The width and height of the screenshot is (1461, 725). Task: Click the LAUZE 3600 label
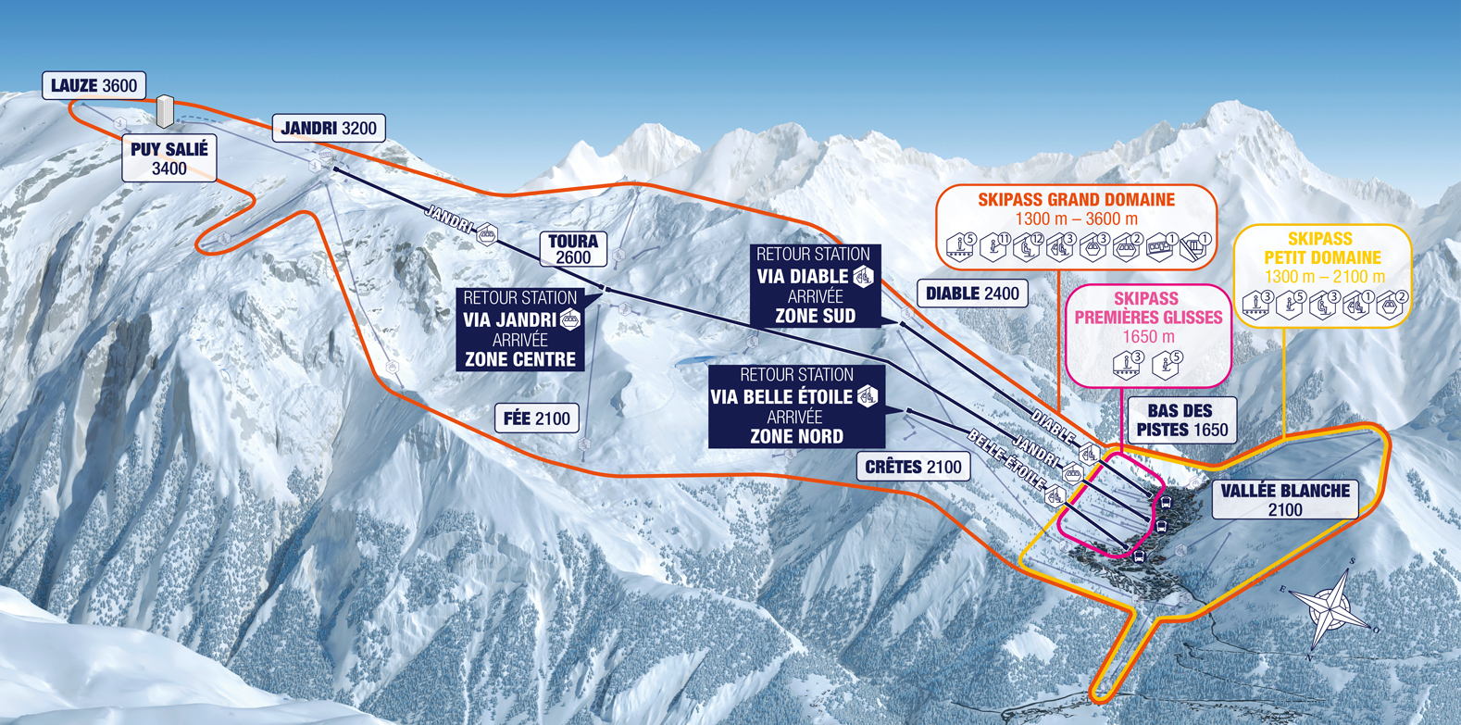tap(94, 86)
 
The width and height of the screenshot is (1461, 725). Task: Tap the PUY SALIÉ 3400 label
tap(169, 158)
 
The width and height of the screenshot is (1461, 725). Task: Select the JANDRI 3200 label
tap(329, 128)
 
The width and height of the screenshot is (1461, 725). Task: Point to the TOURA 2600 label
tap(573, 249)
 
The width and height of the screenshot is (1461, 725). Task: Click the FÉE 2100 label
tap(537, 419)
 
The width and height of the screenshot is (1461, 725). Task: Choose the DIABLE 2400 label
tap(972, 294)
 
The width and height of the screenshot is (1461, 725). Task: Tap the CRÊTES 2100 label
tap(913, 467)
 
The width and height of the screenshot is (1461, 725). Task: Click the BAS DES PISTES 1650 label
tap(1181, 420)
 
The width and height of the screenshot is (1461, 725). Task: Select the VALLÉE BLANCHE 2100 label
tap(1285, 500)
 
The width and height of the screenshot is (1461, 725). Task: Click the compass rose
tap(1330, 606)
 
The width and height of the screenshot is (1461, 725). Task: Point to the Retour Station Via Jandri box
tap(520, 329)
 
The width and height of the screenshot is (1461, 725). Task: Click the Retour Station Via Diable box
tap(815, 285)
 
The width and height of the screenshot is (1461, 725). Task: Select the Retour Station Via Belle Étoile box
tap(796, 406)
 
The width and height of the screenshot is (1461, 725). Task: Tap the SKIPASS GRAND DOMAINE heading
tap(1076, 199)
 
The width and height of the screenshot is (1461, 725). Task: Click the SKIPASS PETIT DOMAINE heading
tap(1322, 248)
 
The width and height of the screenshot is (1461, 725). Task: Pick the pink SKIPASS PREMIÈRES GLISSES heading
tap(1148, 308)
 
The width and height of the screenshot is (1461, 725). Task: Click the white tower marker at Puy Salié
tap(165, 111)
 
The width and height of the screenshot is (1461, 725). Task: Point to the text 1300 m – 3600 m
tap(1076, 219)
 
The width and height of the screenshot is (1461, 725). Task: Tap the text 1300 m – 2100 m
tap(1324, 277)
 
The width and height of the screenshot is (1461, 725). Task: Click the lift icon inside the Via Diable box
tap(863, 276)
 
